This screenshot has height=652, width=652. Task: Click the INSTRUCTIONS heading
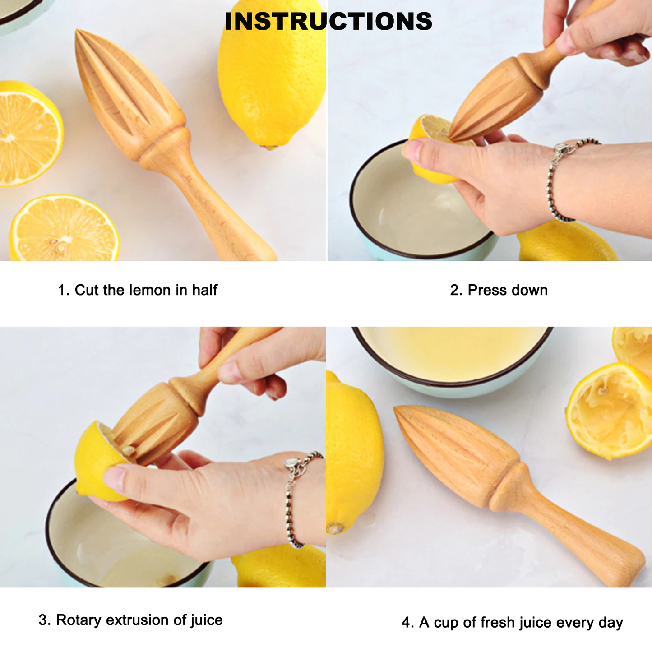(328, 21)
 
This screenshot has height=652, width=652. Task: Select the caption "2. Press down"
(499, 290)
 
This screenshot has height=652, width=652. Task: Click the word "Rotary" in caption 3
(79, 620)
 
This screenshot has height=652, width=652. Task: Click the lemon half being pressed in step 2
(429, 153)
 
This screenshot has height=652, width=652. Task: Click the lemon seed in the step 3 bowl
(169, 579)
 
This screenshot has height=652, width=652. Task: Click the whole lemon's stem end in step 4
(335, 528)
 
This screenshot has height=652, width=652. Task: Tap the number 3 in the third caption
(42, 620)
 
